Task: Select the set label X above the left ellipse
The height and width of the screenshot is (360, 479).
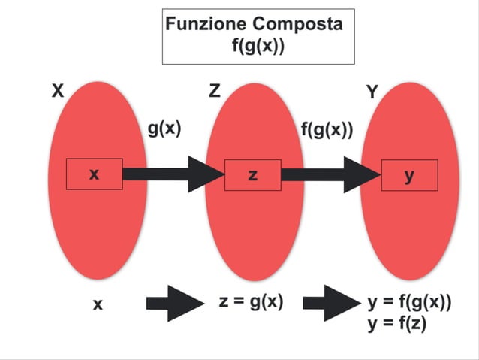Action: click(58, 92)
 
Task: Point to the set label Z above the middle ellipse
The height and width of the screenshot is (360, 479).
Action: click(215, 92)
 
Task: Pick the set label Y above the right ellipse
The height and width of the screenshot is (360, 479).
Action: click(372, 92)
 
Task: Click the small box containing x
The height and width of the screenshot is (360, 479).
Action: click(95, 174)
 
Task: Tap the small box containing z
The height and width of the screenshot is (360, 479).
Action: click(252, 175)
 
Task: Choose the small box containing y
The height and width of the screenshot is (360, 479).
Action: click(409, 175)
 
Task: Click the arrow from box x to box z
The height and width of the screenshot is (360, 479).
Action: click(173, 174)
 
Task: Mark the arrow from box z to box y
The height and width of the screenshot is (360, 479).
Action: click(330, 175)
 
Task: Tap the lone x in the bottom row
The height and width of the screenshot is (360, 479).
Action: click(97, 305)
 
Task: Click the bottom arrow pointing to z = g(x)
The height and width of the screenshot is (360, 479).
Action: click(174, 304)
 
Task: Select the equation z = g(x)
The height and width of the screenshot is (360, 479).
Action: click(251, 302)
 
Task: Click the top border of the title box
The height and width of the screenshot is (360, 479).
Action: click(258, 10)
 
